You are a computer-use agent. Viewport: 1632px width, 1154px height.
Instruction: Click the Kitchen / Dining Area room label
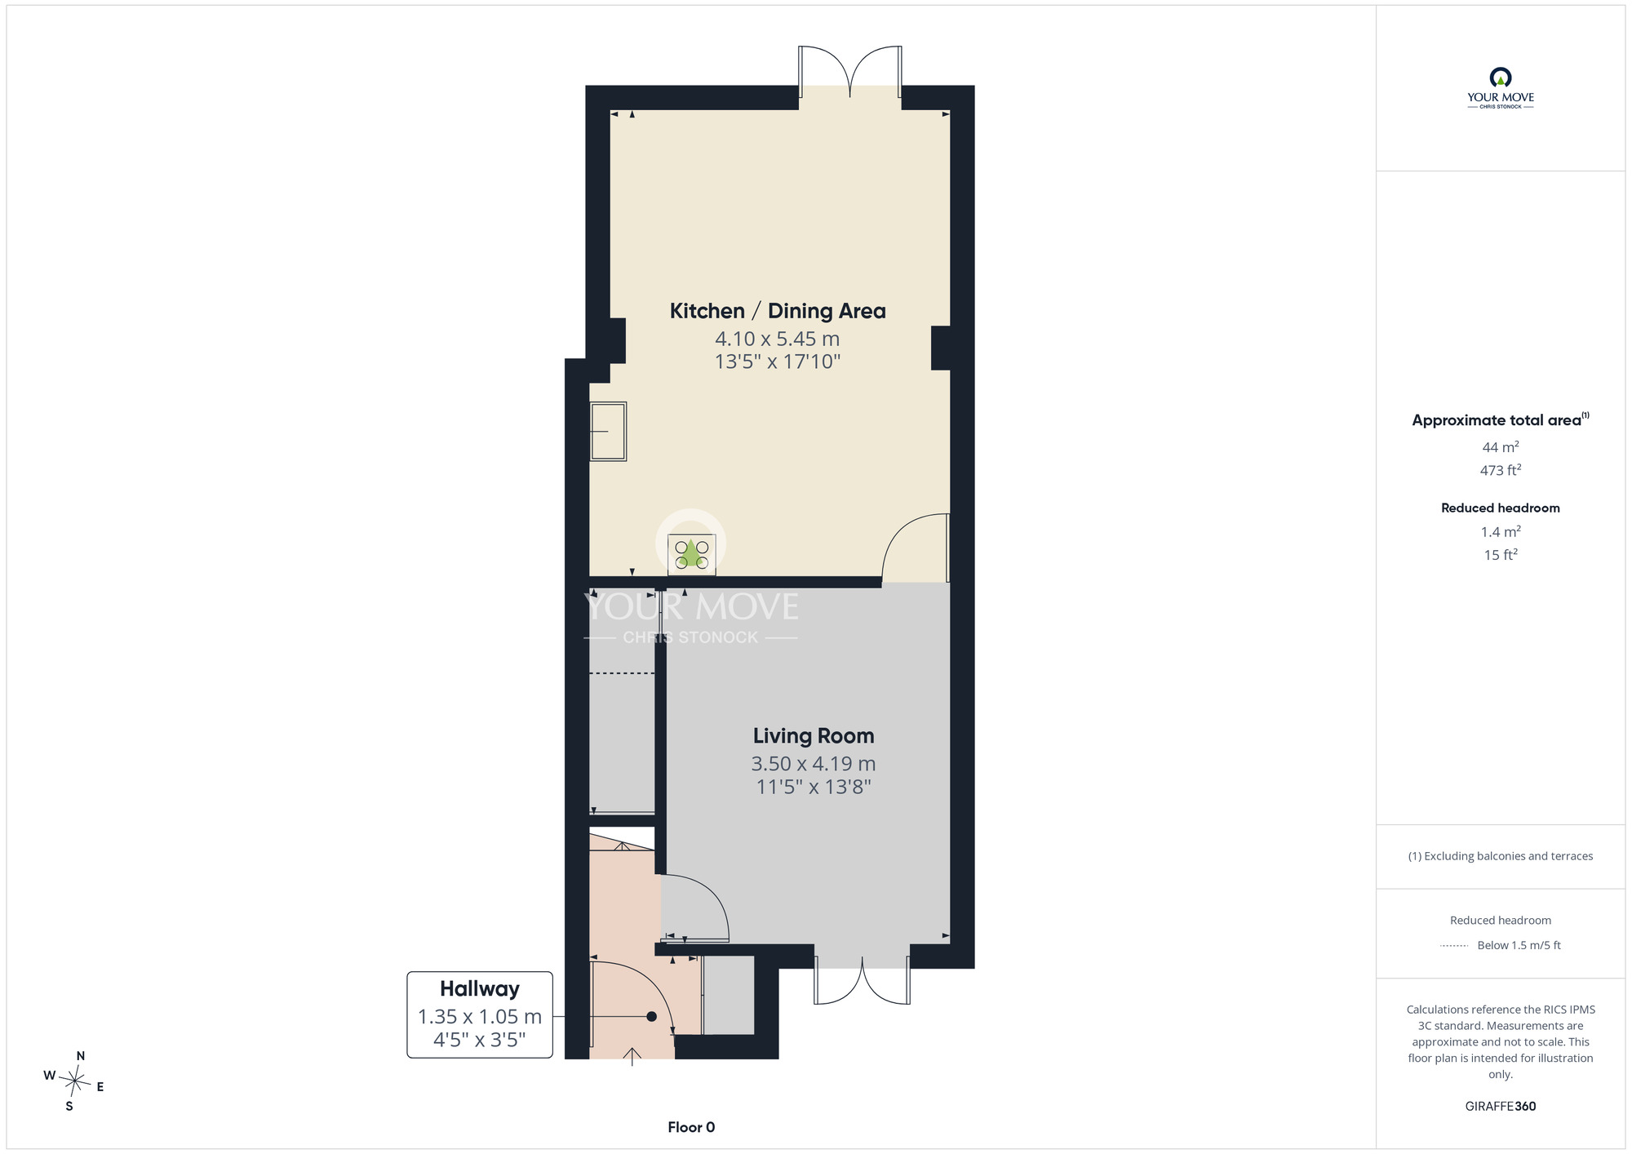[778, 311]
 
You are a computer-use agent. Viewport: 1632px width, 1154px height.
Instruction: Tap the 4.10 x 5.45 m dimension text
[778, 339]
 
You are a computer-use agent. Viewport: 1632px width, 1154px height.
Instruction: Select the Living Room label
[814, 736]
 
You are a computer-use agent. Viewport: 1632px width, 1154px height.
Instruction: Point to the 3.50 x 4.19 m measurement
[814, 764]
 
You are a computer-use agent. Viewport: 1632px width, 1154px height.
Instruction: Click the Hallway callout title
[480, 989]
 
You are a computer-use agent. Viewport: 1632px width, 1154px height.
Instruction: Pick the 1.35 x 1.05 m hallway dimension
[480, 1017]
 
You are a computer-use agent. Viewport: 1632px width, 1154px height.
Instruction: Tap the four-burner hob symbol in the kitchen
[692, 554]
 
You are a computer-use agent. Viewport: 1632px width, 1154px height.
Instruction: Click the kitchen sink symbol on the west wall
[608, 432]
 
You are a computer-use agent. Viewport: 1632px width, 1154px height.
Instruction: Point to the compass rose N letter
[81, 1056]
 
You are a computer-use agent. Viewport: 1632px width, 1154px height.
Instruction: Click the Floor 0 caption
[691, 1127]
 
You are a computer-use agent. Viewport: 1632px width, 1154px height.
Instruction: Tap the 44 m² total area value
[1501, 447]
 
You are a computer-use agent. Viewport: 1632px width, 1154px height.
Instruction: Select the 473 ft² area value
[1501, 470]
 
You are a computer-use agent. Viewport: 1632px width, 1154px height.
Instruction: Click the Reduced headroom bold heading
[1501, 508]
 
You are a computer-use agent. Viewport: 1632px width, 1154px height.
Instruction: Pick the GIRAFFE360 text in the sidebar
[1501, 1107]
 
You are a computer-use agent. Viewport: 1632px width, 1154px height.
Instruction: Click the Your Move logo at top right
[1501, 88]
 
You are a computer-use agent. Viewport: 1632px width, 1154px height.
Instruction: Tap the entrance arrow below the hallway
[632, 1056]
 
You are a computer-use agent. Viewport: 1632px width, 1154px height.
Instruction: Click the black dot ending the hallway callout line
[651, 1017]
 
